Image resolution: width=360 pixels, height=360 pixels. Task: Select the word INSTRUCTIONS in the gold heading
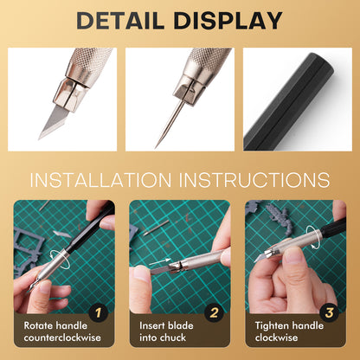click(256, 180)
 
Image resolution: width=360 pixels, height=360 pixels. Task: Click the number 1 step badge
click(100, 312)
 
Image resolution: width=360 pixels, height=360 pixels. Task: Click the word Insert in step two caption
click(151, 326)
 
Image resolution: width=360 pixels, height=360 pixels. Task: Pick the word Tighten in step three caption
click(269, 326)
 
